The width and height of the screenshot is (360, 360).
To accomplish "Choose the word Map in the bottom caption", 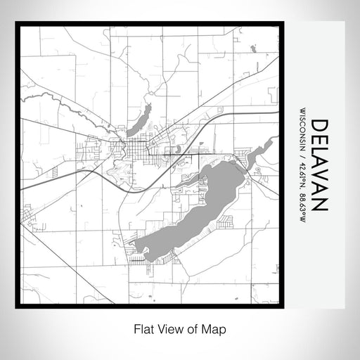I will point(217,328).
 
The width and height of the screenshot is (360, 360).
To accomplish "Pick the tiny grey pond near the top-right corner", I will point(253,49).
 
